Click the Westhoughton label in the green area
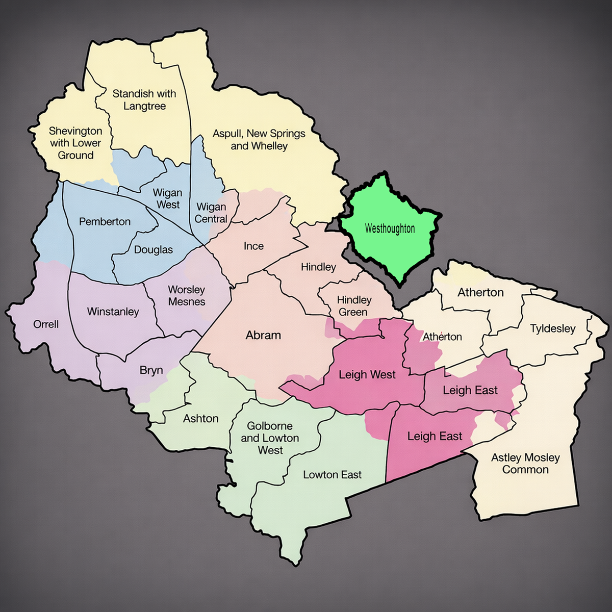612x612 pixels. click(x=390, y=228)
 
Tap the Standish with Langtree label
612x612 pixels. click(x=144, y=100)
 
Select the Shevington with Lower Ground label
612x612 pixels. click(x=75, y=143)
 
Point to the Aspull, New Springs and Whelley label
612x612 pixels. click(x=259, y=140)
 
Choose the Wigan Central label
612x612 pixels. click(x=211, y=213)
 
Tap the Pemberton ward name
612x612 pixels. click(x=105, y=221)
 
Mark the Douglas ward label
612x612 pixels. click(x=154, y=250)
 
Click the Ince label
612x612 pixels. click(x=253, y=246)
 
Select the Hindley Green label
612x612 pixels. click(x=354, y=306)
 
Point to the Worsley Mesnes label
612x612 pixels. click(x=187, y=296)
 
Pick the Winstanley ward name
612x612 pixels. click(x=113, y=312)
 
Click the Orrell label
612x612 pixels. click(x=46, y=324)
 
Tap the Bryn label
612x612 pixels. click(x=151, y=370)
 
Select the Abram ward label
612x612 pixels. click(x=263, y=335)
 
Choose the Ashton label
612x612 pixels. click(x=201, y=419)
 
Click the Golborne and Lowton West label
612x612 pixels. click(x=270, y=438)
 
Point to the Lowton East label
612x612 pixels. click(x=332, y=475)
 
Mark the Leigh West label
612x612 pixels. click(x=367, y=375)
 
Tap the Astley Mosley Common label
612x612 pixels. click(x=525, y=464)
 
